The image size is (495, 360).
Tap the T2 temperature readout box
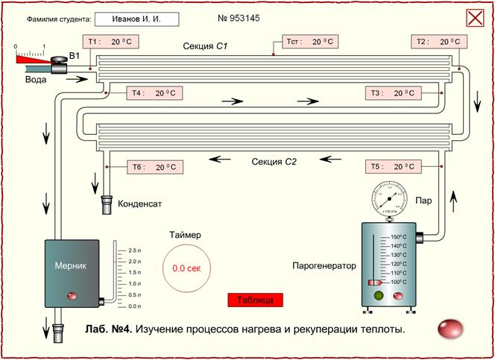point(438,42)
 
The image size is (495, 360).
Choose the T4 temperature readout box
point(154,93)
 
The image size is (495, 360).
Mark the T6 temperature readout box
point(154,167)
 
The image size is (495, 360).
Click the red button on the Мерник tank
point(72,297)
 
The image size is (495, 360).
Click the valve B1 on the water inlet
point(58,68)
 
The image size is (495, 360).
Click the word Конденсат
point(140,202)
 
